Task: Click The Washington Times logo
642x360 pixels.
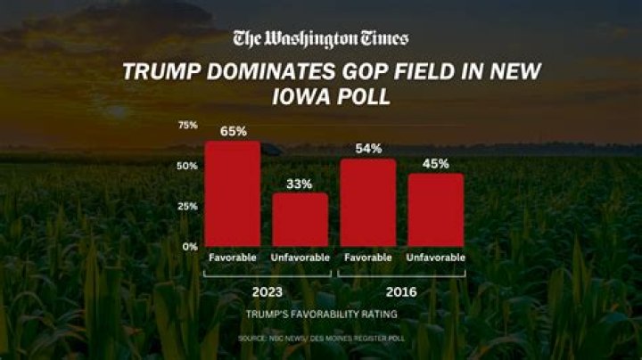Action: pos(320,38)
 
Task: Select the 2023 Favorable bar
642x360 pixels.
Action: pos(233,193)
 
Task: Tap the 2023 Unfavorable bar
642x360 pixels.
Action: pos(300,219)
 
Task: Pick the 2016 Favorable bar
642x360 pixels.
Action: pos(367,202)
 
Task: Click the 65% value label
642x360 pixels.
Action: pos(233,131)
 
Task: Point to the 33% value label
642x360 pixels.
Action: pos(300,184)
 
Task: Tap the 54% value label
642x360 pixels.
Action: pos(367,148)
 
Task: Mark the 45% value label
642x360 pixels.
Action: pos(436,163)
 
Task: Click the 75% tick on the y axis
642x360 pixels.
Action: pos(187,125)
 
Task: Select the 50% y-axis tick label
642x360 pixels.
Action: pos(187,166)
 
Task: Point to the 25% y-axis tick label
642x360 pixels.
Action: pos(187,206)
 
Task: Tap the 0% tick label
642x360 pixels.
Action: pos(190,246)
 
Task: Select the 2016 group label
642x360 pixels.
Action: pos(401,290)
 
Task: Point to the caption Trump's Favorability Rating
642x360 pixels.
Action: pos(320,315)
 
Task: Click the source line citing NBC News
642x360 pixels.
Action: pos(320,340)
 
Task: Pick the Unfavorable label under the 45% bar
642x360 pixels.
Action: pos(436,258)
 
